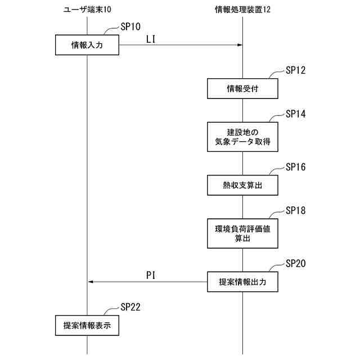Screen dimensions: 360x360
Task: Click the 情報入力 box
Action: [x=87, y=45]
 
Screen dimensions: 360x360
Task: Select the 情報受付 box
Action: [x=242, y=88]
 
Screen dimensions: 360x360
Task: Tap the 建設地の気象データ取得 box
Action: [x=242, y=137]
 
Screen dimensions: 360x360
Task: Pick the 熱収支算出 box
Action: [x=242, y=185]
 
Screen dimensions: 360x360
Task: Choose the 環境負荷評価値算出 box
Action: [x=242, y=233]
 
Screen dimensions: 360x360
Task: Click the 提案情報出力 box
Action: [x=242, y=282]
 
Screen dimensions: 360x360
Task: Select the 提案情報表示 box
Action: [x=87, y=325]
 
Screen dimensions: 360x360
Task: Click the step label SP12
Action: [x=295, y=70]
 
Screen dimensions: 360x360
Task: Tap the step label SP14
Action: [x=295, y=114]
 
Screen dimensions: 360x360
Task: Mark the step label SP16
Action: [x=295, y=167]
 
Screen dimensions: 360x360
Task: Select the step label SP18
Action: [x=295, y=210]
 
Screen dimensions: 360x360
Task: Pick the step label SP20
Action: [x=295, y=263]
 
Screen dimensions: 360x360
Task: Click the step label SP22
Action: [x=130, y=307]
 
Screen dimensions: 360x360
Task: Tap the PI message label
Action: [x=150, y=274]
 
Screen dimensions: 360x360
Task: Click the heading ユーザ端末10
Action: [x=88, y=10]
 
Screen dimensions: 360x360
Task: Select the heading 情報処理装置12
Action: [x=242, y=10]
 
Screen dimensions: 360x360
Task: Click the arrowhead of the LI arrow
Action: [x=239, y=46]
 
